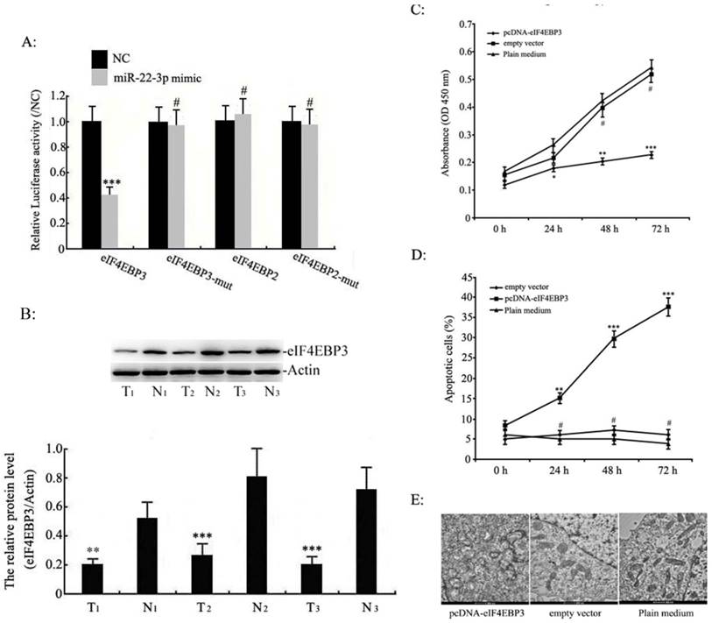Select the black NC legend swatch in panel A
click(x=102, y=60)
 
